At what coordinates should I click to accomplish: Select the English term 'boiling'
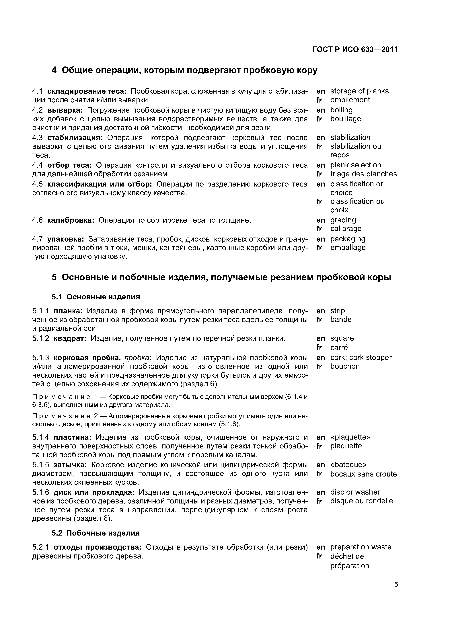[341, 110]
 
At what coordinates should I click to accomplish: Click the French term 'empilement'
[350, 100]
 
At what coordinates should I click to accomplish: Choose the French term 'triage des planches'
[363, 174]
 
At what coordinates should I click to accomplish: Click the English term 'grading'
[343, 220]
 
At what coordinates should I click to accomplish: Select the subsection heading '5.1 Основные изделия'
[96, 297]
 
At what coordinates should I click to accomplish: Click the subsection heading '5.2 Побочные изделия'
[96, 533]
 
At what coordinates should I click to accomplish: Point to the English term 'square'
[342, 338]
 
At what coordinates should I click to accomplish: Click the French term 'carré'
[339, 347]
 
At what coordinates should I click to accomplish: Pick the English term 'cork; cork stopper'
[361, 357]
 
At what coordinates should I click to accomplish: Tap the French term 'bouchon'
[345, 366]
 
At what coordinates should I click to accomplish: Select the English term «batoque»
[348, 465]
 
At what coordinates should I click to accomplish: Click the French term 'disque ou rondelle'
[361, 501]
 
